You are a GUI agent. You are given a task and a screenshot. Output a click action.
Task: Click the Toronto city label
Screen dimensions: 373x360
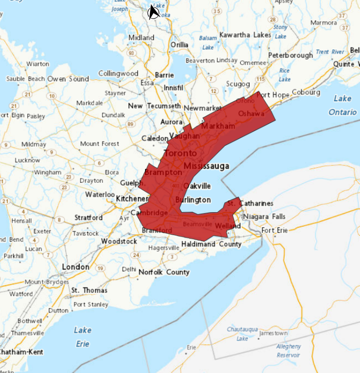pos(180,154)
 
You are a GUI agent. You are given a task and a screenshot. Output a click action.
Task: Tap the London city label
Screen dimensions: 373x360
pos(76,267)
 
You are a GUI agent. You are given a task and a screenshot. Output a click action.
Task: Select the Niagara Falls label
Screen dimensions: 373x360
pos(264,217)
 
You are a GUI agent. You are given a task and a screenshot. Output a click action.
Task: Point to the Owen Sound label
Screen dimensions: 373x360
pos(68,79)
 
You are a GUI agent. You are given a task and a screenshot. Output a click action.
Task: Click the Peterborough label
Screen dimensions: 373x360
pos(290,55)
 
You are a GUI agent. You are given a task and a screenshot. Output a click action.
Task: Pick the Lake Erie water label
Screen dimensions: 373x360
pos(83,337)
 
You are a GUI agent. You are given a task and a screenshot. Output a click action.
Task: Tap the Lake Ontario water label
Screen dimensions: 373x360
pos(342,105)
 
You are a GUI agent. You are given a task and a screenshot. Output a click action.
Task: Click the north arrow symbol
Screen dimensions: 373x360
pos(154,12)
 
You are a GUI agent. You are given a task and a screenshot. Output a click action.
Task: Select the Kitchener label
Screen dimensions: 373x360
pos(132,199)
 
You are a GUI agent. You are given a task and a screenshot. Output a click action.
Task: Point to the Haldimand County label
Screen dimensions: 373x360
pos(211,244)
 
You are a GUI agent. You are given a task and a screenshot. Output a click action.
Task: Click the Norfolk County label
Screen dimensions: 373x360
pos(164,272)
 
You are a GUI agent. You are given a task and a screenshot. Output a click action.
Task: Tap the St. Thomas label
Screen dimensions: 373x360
pos(89,290)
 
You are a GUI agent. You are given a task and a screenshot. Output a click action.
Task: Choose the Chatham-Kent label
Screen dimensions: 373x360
pos(21,352)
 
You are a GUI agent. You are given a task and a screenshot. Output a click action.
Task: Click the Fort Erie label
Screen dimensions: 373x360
pos(275,230)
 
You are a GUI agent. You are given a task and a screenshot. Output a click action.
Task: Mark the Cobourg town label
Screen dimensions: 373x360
pos(306,92)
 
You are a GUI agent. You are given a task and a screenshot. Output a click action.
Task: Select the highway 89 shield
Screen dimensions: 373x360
pos(130,124)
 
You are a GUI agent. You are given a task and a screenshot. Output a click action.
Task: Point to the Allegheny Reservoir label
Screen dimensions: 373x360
pos(288,351)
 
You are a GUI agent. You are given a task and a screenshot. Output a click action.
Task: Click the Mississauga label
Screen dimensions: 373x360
pos(206,166)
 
